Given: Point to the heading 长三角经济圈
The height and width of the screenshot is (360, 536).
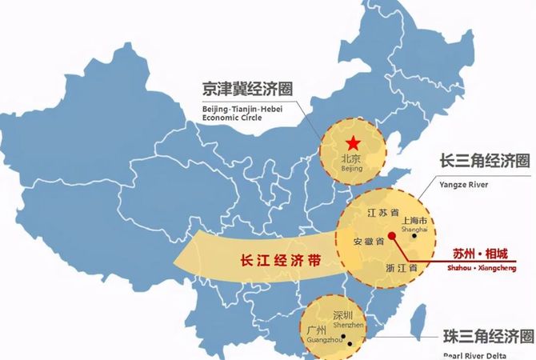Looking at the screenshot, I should click(x=485, y=161).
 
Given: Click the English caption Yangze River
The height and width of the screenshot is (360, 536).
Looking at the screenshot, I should click(x=463, y=183).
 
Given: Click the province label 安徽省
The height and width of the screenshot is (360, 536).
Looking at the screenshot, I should click(x=369, y=240).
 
